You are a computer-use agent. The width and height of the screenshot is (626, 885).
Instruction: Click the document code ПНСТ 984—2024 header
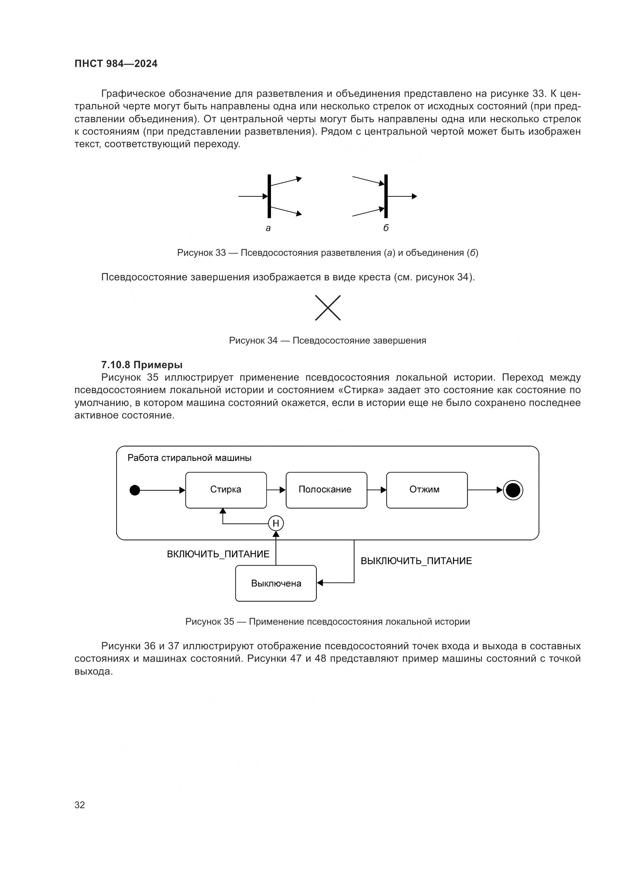pyautogui.click(x=116, y=64)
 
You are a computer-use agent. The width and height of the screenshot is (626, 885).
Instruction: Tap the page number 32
pyautogui.click(x=80, y=805)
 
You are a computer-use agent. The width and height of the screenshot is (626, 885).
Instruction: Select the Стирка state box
pyautogui.click(x=226, y=490)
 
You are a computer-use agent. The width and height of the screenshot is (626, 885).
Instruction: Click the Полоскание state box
pyautogui.click(x=326, y=490)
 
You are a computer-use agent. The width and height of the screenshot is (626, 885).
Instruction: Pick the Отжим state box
pyautogui.click(x=427, y=490)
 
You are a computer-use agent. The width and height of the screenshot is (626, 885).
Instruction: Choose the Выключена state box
pyautogui.click(x=276, y=583)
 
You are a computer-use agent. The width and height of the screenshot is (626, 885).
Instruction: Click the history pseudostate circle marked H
pyautogui.click(x=276, y=523)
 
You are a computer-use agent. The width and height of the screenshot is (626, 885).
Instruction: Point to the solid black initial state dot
pyautogui.click(x=134, y=490)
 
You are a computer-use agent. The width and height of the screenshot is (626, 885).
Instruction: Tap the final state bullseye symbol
pyautogui.click(x=513, y=490)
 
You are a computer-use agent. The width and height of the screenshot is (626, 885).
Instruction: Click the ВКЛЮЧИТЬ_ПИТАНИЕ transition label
pyautogui.click(x=218, y=554)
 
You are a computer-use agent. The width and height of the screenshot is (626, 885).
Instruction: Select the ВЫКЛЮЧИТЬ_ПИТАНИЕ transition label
pyautogui.click(x=416, y=561)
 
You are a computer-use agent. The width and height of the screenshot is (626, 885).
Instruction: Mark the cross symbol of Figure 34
pyautogui.click(x=328, y=308)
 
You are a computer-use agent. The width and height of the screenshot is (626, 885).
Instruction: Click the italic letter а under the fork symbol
pyautogui.click(x=268, y=228)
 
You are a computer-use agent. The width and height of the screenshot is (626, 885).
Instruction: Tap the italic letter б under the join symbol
pyautogui.click(x=386, y=228)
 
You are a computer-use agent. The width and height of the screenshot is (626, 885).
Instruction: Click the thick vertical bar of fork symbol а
pyautogui.click(x=269, y=196)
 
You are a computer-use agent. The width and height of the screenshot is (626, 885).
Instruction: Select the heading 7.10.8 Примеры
pyautogui.click(x=142, y=365)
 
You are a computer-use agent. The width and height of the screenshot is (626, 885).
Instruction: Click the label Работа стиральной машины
pyautogui.click(x=189, y=458)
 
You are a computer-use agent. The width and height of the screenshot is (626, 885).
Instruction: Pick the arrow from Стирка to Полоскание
pyautogui.click(x=276, y=490)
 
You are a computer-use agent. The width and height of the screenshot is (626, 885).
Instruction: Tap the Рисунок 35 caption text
pyautogui.click(x=328, y=622)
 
